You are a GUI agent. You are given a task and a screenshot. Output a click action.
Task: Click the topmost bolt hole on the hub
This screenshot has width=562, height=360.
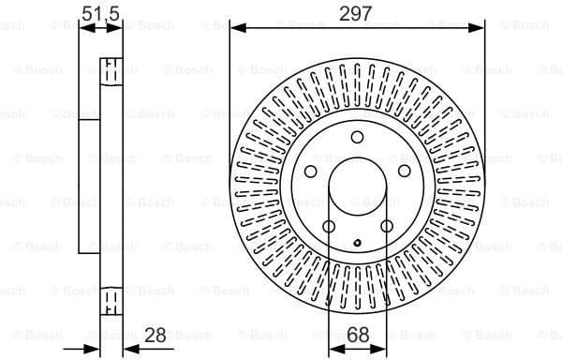tap(357, 138)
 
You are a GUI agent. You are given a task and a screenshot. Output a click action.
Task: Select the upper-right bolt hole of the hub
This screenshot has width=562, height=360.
tap(405, 172)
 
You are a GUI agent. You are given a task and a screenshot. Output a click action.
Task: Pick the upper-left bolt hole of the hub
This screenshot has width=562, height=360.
tap(310, 172)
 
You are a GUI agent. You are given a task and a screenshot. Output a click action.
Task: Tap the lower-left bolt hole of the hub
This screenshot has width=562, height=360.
tap(328, 226)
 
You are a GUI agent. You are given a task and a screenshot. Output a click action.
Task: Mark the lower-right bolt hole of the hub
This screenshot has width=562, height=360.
tap(386, 226)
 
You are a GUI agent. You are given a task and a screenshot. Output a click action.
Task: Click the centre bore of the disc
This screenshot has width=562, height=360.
tap(357, 185)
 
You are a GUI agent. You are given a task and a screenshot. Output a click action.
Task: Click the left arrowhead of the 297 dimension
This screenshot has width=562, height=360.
tap(234, 29)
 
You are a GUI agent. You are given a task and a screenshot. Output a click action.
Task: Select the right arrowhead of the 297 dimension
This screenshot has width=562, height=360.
tap(480, 29)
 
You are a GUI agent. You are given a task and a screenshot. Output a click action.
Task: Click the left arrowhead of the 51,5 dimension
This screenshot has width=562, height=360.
tap(83, 29)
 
